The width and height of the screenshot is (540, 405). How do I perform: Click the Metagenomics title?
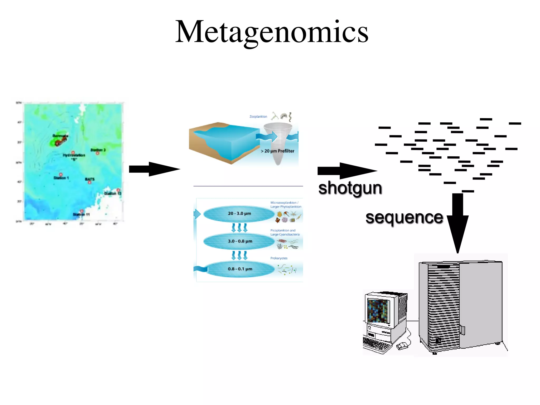coord(272,32)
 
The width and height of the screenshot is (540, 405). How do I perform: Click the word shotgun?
coord(350,188)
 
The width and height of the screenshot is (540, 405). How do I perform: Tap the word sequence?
coord(404,218)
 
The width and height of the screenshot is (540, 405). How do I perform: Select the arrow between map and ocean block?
coord(154,169)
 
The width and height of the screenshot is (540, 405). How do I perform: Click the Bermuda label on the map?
coord(60,136)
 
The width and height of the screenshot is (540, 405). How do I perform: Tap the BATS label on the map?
coord(90,179)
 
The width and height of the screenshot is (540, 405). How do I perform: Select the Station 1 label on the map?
coord(61,178)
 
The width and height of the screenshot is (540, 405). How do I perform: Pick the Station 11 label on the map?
coord(81,215)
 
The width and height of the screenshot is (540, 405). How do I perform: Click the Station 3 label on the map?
coord(98,150)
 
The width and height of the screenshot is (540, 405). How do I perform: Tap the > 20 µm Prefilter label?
coord(277,151)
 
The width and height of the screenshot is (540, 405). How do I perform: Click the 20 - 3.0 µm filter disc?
coord(239,214)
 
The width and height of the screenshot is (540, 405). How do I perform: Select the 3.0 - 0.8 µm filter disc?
coord(239,241)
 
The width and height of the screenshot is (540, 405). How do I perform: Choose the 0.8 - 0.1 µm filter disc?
coord(239,269)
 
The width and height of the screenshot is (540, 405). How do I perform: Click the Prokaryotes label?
coord(279,258)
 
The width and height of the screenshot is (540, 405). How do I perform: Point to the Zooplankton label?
coord(258,117)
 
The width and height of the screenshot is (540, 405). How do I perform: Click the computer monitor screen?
coord(379,311)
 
